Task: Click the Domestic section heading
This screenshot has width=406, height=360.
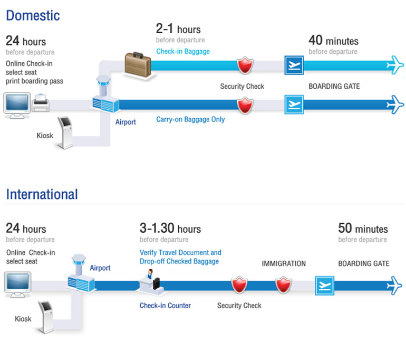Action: pos(33,15)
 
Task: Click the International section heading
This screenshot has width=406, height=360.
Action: pos(42,194)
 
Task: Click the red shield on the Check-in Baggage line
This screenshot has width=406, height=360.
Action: pos(245,65)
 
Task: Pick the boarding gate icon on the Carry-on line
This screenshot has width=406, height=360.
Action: pos(294,104)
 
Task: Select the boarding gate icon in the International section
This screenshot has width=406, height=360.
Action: pos(324,286)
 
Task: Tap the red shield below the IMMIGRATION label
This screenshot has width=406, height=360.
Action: pos(284,286)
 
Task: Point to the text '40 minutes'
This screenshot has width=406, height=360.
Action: pos(333,41)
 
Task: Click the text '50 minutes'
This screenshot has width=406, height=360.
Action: pos(363,229)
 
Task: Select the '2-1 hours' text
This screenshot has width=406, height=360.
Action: pos(178,29)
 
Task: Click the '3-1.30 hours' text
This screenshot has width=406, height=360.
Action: pos(170,229)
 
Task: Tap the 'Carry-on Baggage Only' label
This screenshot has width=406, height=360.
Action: pos(190,120)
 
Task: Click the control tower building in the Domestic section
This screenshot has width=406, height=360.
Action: pos(103,96)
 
